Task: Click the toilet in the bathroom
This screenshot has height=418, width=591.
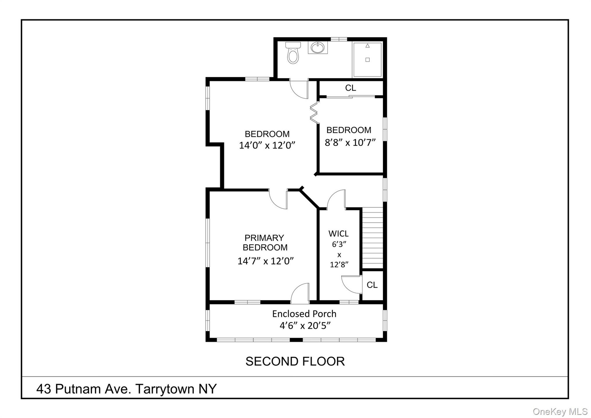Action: pyautogui.click(x=293, y=53)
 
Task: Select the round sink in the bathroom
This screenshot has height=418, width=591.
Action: pyautogui.click(x=318, y=48)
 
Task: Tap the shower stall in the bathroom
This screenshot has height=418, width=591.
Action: pyautogui.click(x=368, y=59)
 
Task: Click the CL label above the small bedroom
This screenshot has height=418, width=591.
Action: pyautogui.click(x=351, y=88)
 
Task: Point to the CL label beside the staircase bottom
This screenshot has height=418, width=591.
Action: pyautogui.click(x=372, y=285)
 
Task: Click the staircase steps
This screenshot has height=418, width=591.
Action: pyautogui.click(x=372, y=238)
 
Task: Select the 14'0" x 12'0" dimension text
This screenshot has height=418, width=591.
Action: pyautogui.click(x=267, y=145)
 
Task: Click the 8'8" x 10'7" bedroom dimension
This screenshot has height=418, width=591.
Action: pyautogui.click(x=350, y=142)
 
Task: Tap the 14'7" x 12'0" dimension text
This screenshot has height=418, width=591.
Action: pyautogui.click(x=266, y=261)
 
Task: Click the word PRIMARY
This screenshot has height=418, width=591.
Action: pyautogui.click(x=264, y=238)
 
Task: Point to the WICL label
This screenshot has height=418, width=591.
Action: pyautogui.click(x=339, y=234)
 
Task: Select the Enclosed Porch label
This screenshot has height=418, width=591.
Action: pyautogui.click(x=304, y=314)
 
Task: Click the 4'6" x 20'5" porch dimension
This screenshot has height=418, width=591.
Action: pyautogui.click(x=305, y=326)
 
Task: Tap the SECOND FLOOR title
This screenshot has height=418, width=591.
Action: pyautogui.click(x=295, y=361)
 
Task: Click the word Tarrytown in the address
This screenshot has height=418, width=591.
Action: pyautogui.click(x=165, y=389)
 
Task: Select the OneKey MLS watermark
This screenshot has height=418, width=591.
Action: pyautogui.click(x=560, y=412)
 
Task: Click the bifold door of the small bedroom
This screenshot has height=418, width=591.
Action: pyautogui.click(x=314, y=113)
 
